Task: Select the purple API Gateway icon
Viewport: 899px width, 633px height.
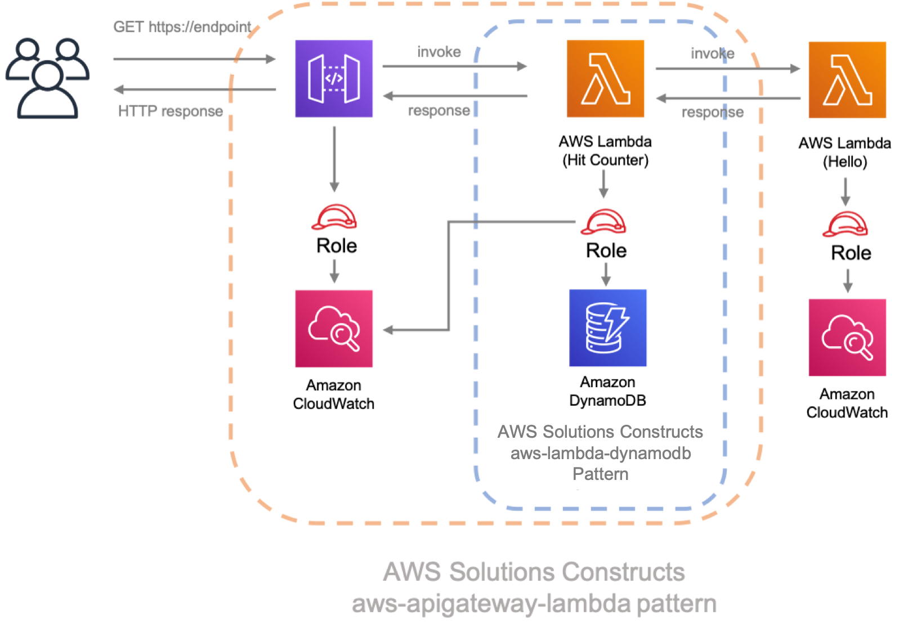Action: tap(334, 79)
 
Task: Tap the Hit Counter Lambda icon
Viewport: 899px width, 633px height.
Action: tap(605, 79)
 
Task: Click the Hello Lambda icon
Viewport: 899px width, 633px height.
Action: tap(847, 80)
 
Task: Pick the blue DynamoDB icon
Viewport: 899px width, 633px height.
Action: tap(607, 328)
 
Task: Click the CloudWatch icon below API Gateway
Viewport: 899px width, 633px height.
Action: tap(334, 329)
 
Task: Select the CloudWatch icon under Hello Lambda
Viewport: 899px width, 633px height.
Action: tap(847, 338)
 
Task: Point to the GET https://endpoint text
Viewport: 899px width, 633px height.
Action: tap(182, 27)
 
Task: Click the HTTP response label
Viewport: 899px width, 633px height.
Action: tap(170, 111)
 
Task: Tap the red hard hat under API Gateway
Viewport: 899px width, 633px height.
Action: tap(334, 217)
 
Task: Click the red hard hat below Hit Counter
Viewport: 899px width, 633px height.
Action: tap(603, 222)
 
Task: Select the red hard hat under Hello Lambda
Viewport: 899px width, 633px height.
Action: tap(845, 224)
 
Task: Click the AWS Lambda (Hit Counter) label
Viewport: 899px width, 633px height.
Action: tap(605, 151)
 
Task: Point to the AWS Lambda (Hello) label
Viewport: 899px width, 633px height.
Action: tap(844, 152)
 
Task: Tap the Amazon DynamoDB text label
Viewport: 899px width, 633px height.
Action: tap(607, 391)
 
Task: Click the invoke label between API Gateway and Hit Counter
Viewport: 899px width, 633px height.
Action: tap(439, 52)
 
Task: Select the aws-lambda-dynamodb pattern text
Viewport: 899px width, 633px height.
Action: tap(600, 453)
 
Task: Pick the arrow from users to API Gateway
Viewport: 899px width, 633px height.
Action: tap(194, 59)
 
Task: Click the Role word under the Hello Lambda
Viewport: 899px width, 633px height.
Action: tap(851, 253)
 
